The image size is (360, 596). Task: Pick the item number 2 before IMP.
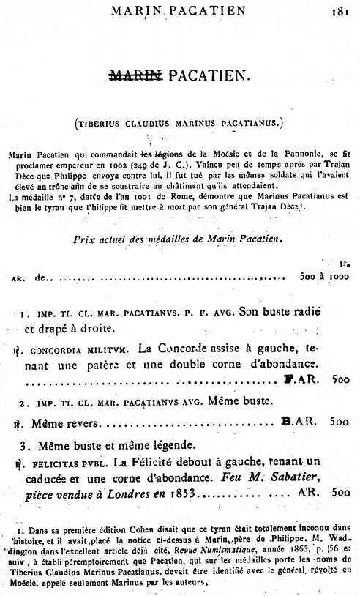coord(23,402)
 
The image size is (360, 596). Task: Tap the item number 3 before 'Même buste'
coord(24,445)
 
